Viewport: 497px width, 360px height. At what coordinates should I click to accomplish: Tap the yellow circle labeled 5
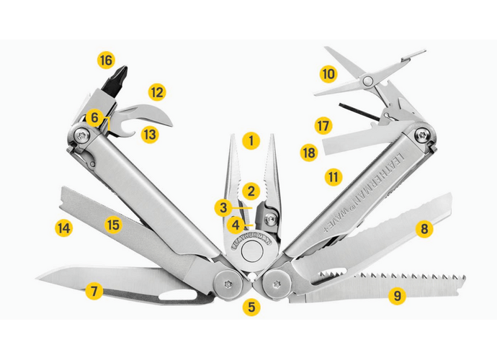(x=250, y=307)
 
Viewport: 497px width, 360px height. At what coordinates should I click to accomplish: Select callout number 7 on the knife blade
(x=92, y=292)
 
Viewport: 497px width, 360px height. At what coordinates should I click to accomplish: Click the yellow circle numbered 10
(x=328, y=73)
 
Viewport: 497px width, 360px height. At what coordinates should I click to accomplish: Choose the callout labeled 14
(x=64, y=228)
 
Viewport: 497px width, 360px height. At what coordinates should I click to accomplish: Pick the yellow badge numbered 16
(x=107, y=60)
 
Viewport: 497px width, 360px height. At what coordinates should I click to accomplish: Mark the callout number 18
(x=309, y=153)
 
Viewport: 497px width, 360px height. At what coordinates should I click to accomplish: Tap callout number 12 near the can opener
(x=157, y=92)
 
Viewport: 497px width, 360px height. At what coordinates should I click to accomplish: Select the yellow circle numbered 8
(x=424, y=230)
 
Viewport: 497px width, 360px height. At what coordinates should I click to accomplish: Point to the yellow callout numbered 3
(x=223, y=207)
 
